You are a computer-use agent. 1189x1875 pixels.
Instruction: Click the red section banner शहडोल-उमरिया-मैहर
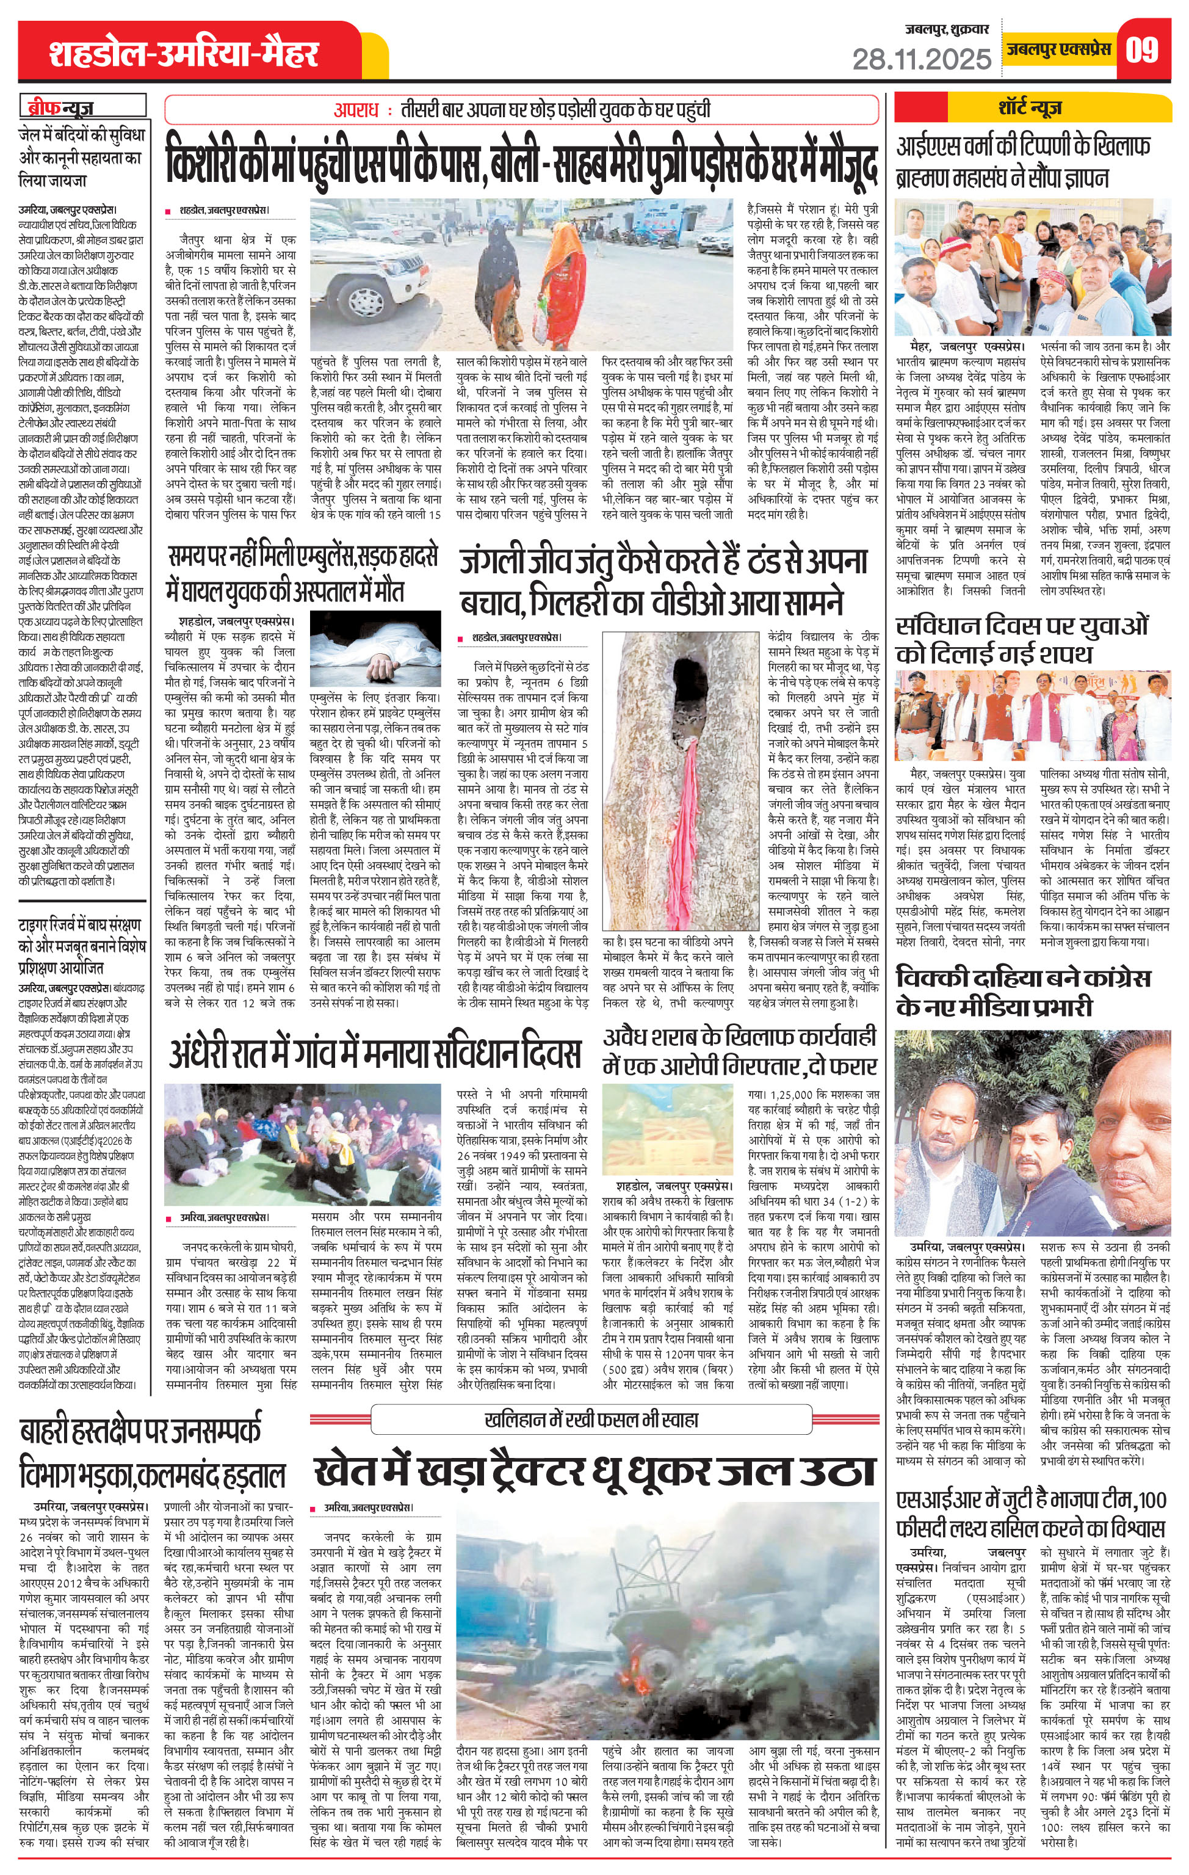click(184, 54)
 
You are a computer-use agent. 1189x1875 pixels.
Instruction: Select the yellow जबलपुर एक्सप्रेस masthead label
click(1057, 51)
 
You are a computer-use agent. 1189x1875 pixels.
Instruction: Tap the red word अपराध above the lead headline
click(356, 111)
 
